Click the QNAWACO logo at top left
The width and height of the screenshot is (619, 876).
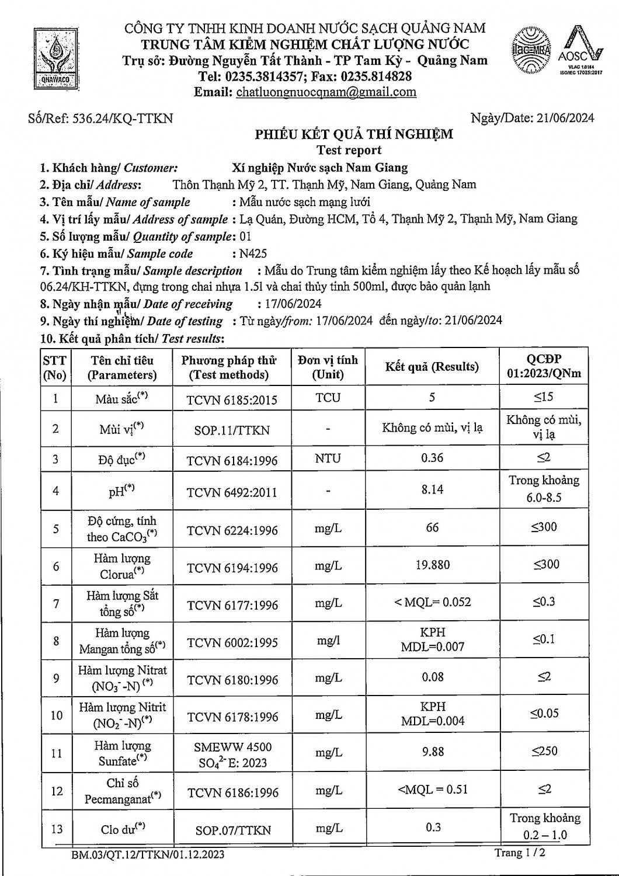pyautogui.click(x=55, y=58)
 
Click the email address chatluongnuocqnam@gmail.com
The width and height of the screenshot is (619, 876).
pyautogui.click(x=326, y=92)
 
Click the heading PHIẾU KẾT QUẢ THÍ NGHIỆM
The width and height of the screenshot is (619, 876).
pyautogui.click(x=354, y=134)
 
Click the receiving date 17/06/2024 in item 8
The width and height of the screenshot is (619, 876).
pyautogui.click(x=289, y=304)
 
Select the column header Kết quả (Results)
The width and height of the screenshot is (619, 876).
pyautogui.click(x=432, y=367)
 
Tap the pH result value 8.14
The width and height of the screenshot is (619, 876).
pyautogui.click(x=432, y=489)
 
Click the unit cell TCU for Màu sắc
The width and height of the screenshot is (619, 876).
pyautogui.click(x=328, y=398)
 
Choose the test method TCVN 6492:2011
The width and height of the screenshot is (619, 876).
pyautogui.click(x=232, y=492)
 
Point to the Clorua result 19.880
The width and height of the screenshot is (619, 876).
pyautogui.click(x=432, y=565)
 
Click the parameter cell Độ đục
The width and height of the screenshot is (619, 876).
pyautogui.click(x=122, y=460)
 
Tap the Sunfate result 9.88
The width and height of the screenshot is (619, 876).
pyautogui.click(x=433, y=752)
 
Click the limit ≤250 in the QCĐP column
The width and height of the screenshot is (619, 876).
pyautogui.click(x=544, y=751)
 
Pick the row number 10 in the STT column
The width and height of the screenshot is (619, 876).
pyautogui.click(x=56, y=715)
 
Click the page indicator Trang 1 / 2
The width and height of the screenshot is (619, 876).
pyautogui.click(x=520, y=853)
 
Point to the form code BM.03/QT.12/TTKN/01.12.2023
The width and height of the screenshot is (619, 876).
pyautogui.click(x=148, y=855)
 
